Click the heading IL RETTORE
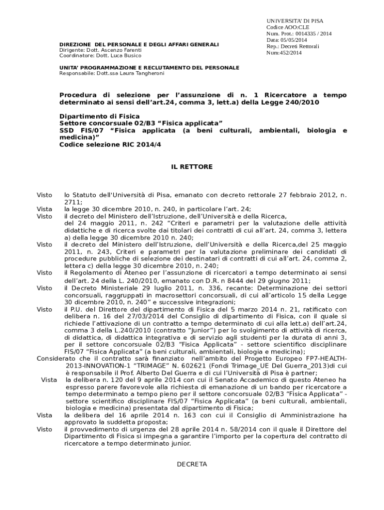192,167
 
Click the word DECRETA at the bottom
192,464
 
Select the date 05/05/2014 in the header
294,40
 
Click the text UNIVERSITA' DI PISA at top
295,21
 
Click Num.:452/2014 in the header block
284,52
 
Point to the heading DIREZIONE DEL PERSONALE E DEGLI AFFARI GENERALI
139,45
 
